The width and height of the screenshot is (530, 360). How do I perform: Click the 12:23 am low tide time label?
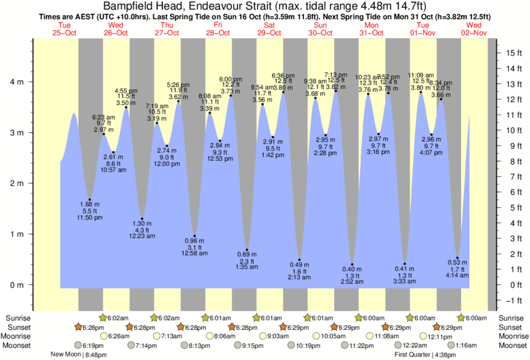click(142, 237)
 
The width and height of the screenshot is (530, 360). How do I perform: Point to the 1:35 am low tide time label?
click(247, 267)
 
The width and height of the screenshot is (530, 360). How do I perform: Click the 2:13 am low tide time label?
click(299, 277)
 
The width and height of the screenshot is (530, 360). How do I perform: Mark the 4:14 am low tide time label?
click(457, 275)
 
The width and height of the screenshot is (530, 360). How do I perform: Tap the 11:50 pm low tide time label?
click(89, 218)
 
